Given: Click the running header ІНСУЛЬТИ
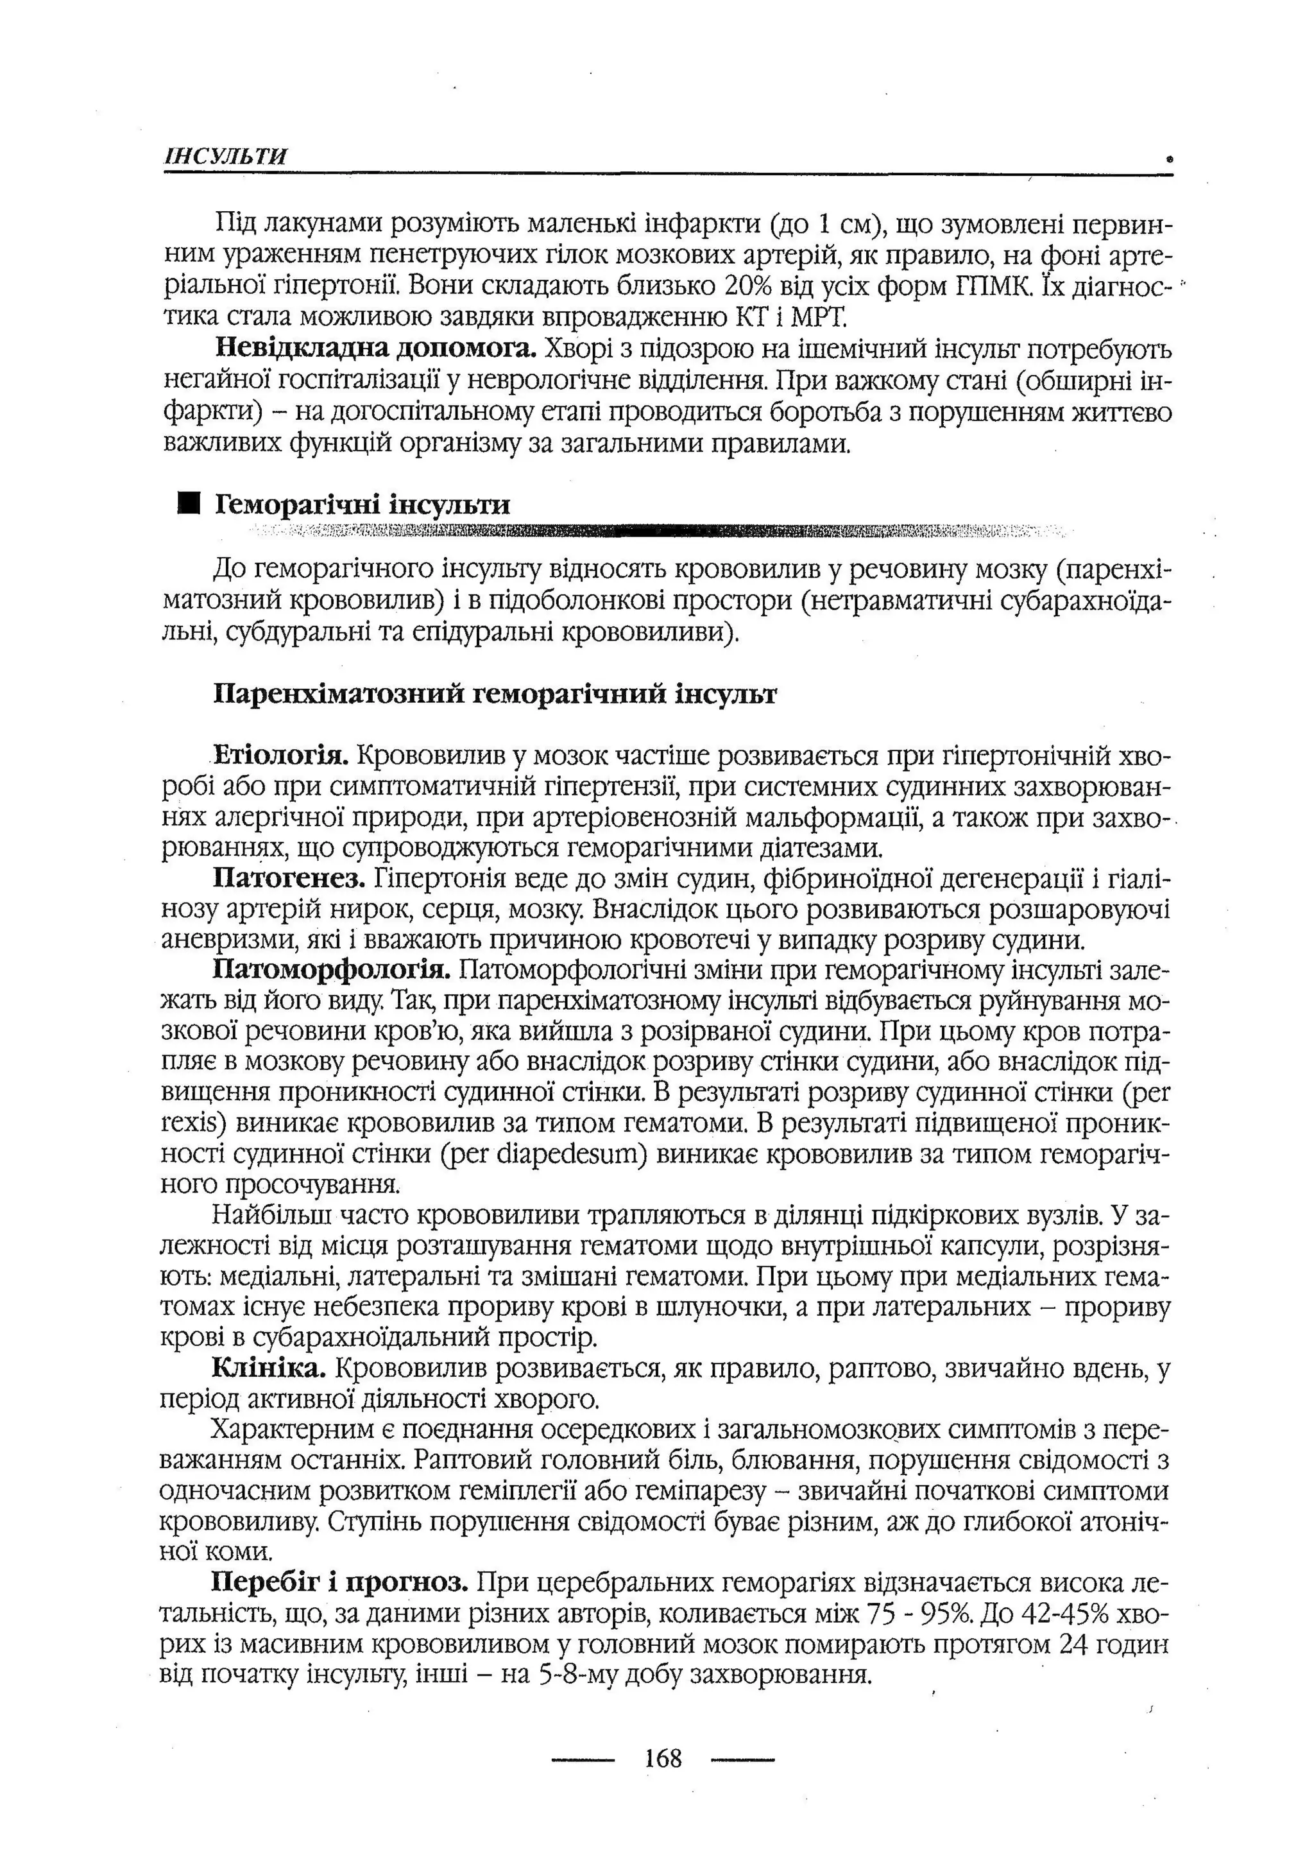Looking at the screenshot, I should pos(226,156).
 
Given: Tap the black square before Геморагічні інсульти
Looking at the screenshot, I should pos(189,503).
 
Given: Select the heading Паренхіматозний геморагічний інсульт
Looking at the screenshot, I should pos(495,694).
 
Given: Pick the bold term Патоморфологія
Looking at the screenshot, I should pos(332,969).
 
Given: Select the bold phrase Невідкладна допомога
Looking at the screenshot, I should pos(376,349).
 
